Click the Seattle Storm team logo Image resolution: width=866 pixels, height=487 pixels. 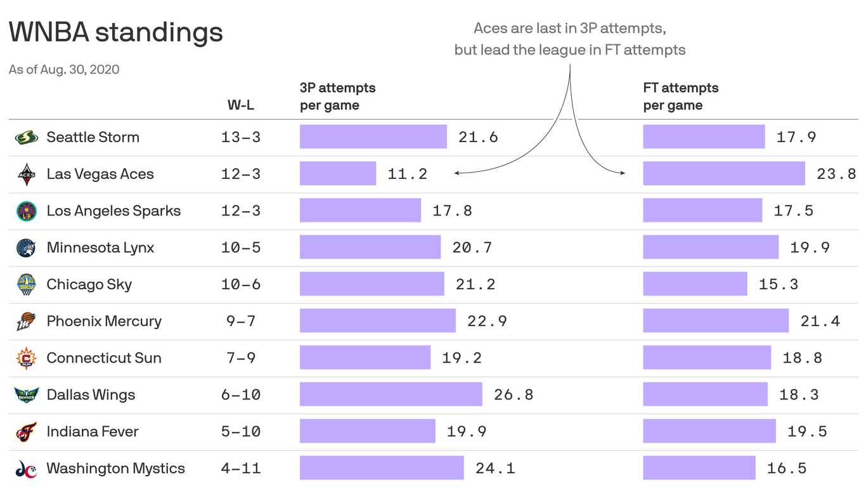tap(26, 137)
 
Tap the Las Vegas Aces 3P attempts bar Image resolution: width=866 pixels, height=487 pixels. tap(337, 174)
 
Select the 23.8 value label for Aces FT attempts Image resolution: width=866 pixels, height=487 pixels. tap(836, 174)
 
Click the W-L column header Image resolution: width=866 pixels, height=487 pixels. tap(241, 105)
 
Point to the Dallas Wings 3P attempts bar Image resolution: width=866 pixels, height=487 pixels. tap(391, 394)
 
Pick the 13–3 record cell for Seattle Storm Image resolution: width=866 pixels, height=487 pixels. tap(241, 137)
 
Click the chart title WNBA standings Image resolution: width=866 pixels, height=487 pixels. tap(116, 32)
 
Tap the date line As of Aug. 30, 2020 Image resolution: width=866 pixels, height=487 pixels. tap(64, 69)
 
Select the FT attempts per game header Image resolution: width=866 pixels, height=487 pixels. tap(680, 96)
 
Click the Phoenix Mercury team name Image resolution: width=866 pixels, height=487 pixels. tap(104, 321)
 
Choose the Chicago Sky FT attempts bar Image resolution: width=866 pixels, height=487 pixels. tap(695, 284)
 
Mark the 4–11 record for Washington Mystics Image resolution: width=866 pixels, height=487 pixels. tap(241, 468)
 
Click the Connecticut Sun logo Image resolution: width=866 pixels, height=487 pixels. tap(26, 358)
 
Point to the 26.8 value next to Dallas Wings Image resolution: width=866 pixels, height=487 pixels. tap(513, 394)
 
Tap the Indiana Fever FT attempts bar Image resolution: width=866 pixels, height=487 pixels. tap(709, 431)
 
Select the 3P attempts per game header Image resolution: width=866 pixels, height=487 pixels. tap(337, 96)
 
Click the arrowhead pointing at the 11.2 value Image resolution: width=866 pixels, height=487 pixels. tap(456, 172)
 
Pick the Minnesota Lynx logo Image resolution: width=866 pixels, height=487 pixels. tap(26, 247)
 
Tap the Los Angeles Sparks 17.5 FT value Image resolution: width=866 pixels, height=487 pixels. tap(793, 211)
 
